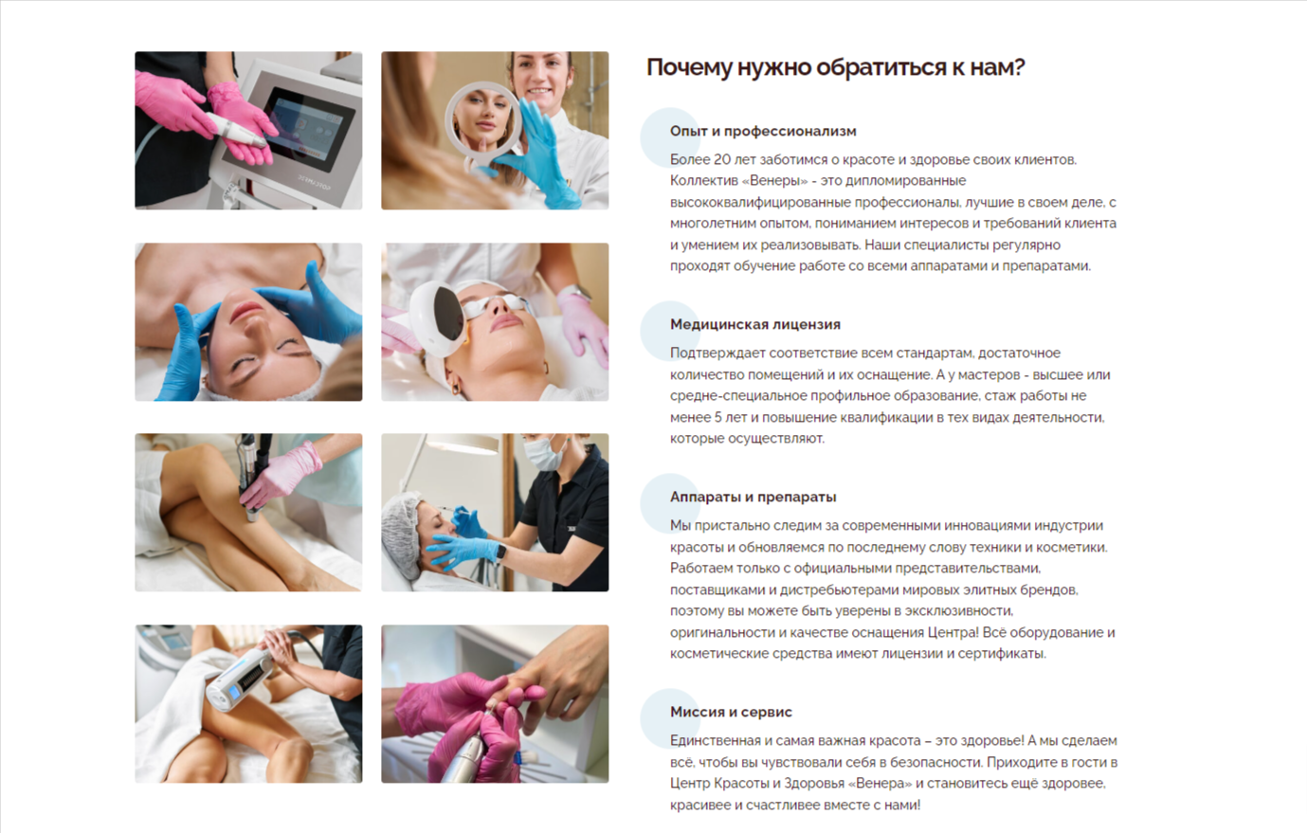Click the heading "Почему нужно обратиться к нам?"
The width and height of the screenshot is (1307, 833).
pyautogui.click(x=835, y=67)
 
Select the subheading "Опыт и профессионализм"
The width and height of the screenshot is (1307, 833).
pyautogui.click(x=763, y=131)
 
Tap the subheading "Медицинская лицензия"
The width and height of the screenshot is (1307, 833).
pyautogui.click(x=755, y=324)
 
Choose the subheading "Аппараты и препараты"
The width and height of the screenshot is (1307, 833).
pyautogui.click(x=753, y=497)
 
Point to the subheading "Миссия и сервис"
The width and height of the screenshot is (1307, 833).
pyautogui.click(x=731, y=712)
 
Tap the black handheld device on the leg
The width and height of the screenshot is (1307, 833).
pyautogui.click(x=254, y=476)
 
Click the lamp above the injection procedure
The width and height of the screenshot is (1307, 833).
pyautogui.click(x=461, y=444)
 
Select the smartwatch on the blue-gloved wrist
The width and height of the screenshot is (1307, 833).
pyautogui.click(x=500, y=552)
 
